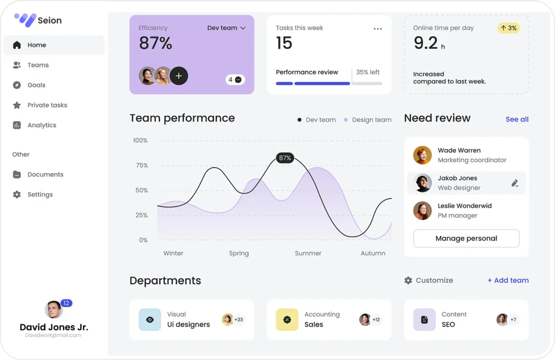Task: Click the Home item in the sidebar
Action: (37, 45)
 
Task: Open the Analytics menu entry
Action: (41, 125)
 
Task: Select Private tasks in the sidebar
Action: (47, 105)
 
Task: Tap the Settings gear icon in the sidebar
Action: (17, 195)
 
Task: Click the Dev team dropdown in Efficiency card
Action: (226, 28)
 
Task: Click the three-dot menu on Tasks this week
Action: (377, 29)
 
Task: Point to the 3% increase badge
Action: (508, 28)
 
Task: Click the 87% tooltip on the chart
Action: (285, 158)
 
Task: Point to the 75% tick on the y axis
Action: (142, 165)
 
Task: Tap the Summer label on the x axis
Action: (308, 253)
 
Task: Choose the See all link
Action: (517, 119)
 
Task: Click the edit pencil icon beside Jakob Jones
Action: (515, 183)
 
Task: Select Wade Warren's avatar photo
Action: (423, 155)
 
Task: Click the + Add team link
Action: (508, 280)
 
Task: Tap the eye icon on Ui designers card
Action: (150, 320)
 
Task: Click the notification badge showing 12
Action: (67, 303)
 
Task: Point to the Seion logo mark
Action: (25, 20)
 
